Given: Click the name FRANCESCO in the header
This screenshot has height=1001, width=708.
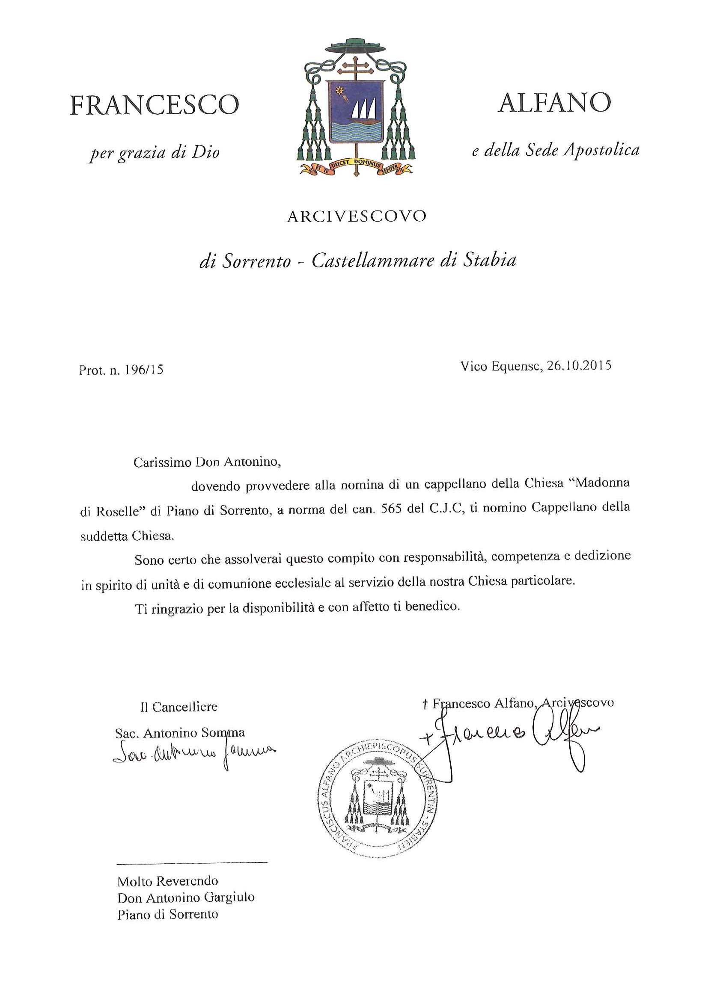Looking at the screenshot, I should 155,105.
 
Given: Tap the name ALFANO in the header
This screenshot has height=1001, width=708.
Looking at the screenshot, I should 554,103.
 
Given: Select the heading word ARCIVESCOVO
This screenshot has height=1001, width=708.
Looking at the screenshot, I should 357,217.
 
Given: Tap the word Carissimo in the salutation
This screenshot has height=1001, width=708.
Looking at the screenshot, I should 162,462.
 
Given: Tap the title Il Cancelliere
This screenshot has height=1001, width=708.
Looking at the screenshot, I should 179,707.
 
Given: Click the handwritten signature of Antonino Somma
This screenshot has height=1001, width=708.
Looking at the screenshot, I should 194,752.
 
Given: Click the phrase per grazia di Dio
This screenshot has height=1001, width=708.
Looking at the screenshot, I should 155,153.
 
